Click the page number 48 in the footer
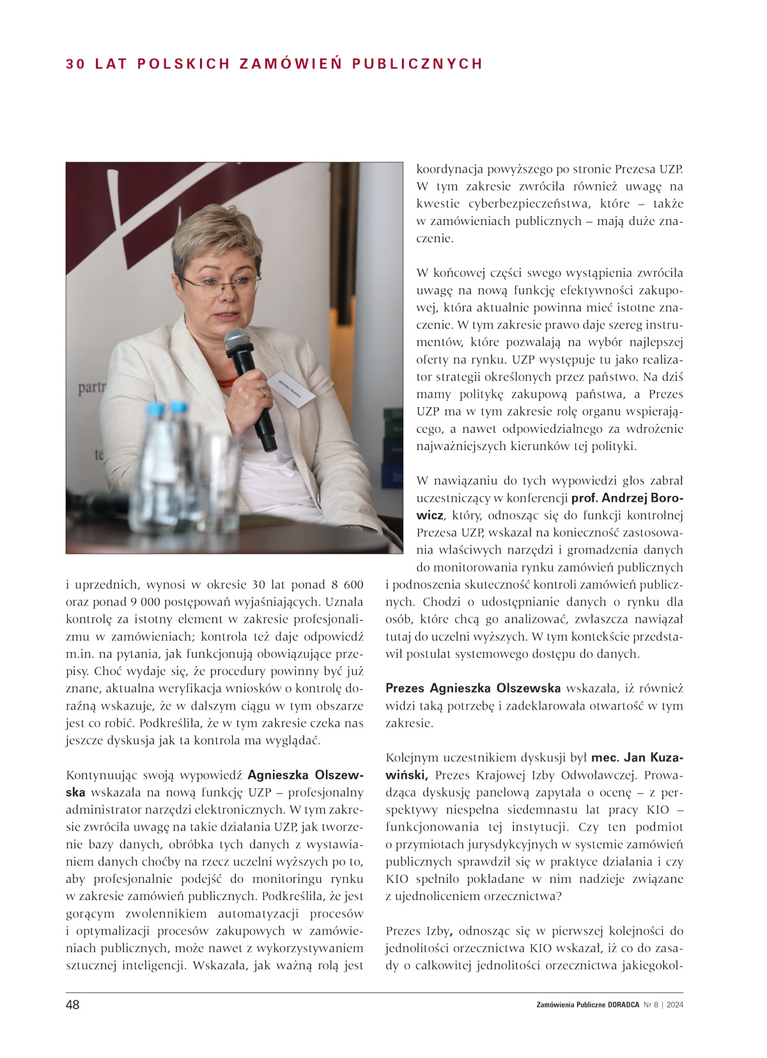[x=73, y=1005]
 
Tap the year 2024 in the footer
[x=674, y=1005]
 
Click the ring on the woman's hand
[x=261, y=392]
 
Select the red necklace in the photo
[x=226, y=382]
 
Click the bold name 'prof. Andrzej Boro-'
[x=627, y=498]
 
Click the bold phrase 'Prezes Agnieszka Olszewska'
[x=473, y=688]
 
